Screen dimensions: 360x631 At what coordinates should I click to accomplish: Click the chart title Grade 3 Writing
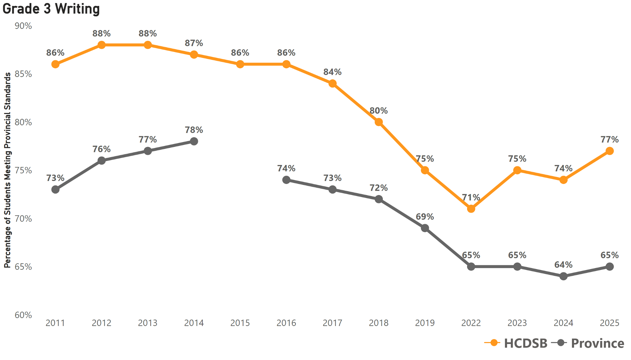(51, 9)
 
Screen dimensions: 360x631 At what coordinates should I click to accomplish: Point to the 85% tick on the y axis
(23, 74)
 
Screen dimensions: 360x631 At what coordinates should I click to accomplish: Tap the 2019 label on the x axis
(425, 323)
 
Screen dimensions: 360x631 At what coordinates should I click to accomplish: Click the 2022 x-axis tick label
(471, 323)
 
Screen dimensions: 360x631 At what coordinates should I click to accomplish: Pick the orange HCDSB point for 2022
(471, 209)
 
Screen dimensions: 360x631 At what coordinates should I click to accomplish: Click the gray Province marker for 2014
(194, 141)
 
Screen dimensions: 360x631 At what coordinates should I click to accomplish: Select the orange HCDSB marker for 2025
(609, 151)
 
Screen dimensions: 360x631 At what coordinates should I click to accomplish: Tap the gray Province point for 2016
(286, 180)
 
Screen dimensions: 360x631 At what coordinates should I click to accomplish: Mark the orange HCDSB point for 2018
(378, 122)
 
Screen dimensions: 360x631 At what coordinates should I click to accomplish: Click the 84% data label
(332, 72)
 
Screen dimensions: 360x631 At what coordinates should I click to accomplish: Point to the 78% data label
(194, 130)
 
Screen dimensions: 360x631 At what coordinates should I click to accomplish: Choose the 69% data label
(425, 217)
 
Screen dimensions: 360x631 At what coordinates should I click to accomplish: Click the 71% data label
(471, 197)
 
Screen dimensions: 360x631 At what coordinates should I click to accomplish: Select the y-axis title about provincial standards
(7, 170)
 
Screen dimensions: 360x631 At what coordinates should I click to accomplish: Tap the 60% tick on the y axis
(23, 315)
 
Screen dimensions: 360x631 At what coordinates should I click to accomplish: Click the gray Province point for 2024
(563, 276)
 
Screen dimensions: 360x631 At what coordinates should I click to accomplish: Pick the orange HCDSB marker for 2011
(55, 64)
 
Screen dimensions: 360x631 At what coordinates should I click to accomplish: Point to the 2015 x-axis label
(240, 323)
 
